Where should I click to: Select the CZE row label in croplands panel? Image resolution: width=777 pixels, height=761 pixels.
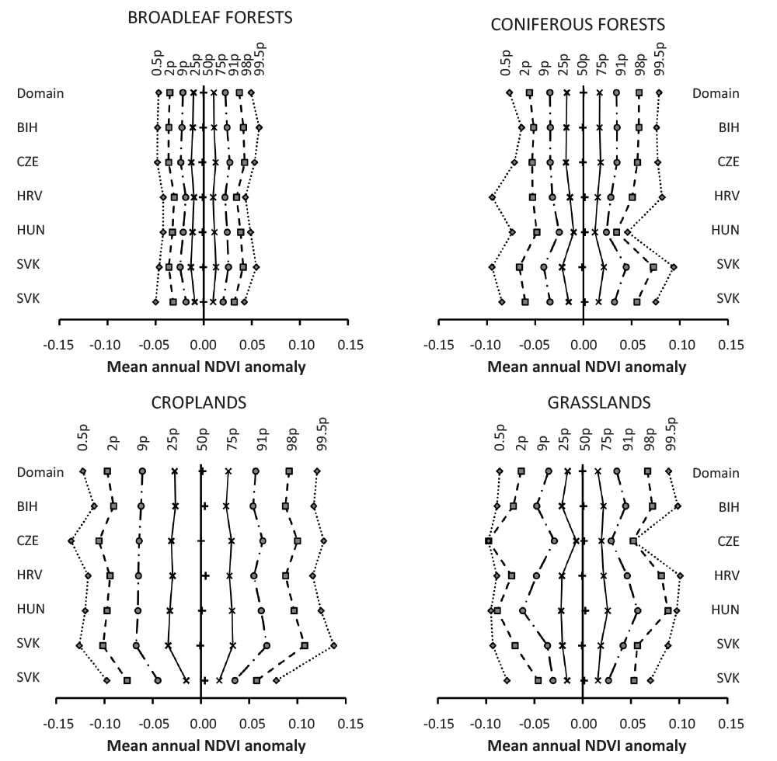pos(27,540)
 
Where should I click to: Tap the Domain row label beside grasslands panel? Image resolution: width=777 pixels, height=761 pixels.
pos(715,472)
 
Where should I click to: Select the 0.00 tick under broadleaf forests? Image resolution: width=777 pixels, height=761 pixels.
pos(203,342)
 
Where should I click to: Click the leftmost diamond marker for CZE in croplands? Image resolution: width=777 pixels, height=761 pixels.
pos(71,540)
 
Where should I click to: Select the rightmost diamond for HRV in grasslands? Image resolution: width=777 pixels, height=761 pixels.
pos(680,575)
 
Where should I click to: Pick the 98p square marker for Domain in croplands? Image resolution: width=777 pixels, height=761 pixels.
pos(289,471)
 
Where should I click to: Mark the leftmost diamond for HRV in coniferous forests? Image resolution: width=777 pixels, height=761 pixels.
pos(492,197)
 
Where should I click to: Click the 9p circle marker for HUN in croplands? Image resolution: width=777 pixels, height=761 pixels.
pos(138,610)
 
